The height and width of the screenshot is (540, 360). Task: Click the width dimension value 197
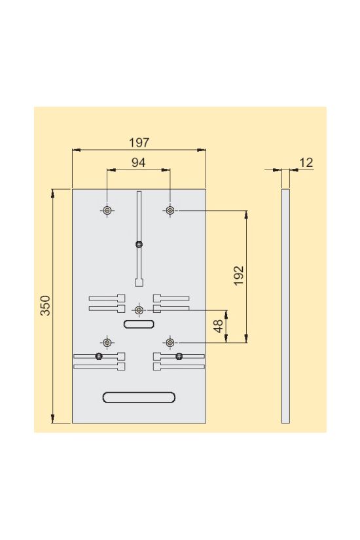[x=139, y=142]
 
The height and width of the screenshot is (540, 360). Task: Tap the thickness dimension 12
[x=306, y=162]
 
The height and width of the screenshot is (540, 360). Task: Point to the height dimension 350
[x=45, y=306]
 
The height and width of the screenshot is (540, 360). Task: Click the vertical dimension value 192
[x=238, y=276]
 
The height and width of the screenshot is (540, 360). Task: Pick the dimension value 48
[x=219, y=325]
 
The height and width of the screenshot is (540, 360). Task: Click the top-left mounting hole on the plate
[x=107, y=210]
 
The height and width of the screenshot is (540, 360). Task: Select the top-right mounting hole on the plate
[x=170, y=210]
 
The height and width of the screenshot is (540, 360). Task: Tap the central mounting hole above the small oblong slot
[x=139, y=310]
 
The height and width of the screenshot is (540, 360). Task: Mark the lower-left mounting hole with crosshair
[x=107, y=342]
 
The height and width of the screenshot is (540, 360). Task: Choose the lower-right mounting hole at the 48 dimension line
[x=170, y=342]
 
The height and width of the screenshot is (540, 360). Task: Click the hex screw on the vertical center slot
[x=139, y=245]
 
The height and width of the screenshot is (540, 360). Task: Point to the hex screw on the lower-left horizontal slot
[x=98, y=356]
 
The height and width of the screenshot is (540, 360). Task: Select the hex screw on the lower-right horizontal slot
[x=179, y=356]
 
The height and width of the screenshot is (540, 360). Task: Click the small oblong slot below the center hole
[x=139, y=324]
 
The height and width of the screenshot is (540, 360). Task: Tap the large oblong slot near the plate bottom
[x=139, y=397]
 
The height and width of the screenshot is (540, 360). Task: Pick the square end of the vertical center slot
[x=139, y=283]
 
